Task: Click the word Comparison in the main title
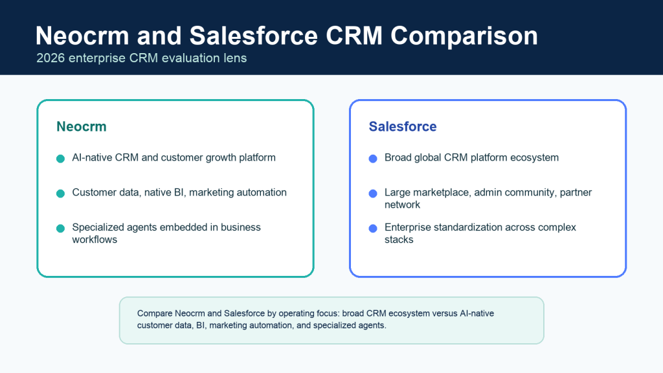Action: click(464, 36)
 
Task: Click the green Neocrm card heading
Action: click(82, 126)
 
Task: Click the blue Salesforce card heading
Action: click(403, 126)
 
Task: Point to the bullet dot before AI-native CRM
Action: click(60, 159)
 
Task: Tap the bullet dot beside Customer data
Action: click(60, 193)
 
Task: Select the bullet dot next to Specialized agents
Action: click(60, 229)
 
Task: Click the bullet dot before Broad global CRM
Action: click(373, 159)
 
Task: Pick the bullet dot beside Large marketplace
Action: click(373, 193)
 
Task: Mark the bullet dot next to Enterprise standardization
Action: click(373, 229)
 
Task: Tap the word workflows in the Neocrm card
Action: click(95, 240)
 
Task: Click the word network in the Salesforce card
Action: click(402, 205)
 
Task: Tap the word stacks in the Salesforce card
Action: click(399, 240)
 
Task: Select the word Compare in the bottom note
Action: click(155, 314)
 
